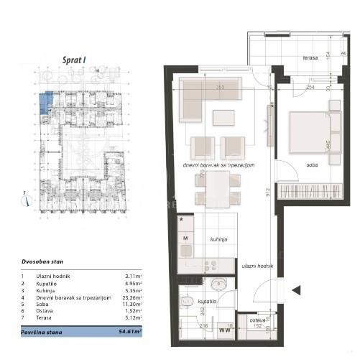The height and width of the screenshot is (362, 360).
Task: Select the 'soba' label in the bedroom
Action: [x=312, y=164]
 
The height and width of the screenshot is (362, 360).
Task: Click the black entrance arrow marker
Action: [x=297, y=290]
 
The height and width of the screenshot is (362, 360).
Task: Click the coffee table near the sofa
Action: [x=223, y=116]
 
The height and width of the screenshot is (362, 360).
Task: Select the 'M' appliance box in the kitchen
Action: [x=186, y=237]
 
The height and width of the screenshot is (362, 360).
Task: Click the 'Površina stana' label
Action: [x=41, y=333]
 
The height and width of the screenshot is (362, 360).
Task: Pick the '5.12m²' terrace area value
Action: [x=133, y=317]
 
